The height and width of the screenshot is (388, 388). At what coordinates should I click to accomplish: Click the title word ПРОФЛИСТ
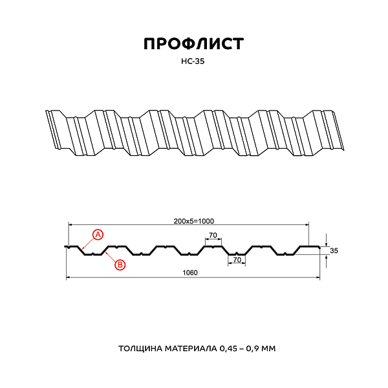click(x=193, y=44)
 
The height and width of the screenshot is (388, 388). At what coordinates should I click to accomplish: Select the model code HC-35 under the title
click(x=193, y=63)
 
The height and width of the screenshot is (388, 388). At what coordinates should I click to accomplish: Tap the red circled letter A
click(x=98, y=234)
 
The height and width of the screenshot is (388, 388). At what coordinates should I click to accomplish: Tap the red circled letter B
click(x=120, y=264)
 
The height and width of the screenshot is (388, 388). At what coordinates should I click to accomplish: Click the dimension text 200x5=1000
click(x=193, y=221)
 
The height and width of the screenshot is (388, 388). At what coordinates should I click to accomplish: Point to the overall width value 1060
click(x=189, y=272)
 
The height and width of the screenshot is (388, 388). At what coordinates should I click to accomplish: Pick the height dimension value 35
click(x=334, y=250)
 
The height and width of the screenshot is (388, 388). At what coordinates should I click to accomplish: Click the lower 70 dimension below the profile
click(x=237, y=259)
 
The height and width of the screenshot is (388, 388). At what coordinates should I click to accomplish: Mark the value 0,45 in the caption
click(x=232, y=349)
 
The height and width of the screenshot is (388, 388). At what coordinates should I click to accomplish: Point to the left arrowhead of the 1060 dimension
click(x=68, y=278)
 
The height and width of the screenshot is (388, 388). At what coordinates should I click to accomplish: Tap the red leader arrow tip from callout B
click(x=104, y=253)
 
